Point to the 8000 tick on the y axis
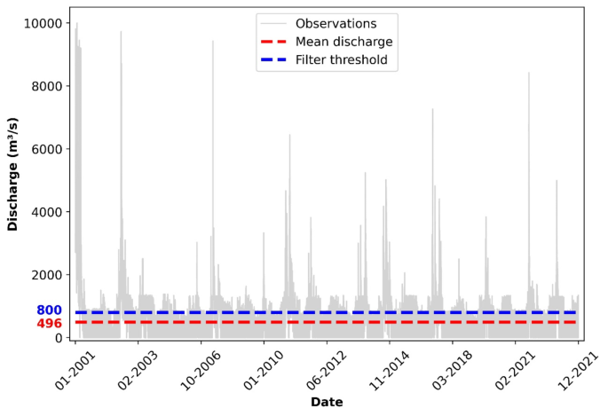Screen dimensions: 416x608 [x=47, y=86]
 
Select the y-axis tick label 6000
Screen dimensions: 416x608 [x=47, y=149]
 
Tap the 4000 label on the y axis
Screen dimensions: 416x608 [x=47, y=212]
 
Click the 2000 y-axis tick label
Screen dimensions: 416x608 [x=47, y=275]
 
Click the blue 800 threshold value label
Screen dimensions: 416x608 [x=49, y=310]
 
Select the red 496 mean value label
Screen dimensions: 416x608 [x=49, y=324]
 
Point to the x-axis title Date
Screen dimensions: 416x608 [x=326, y=402]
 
